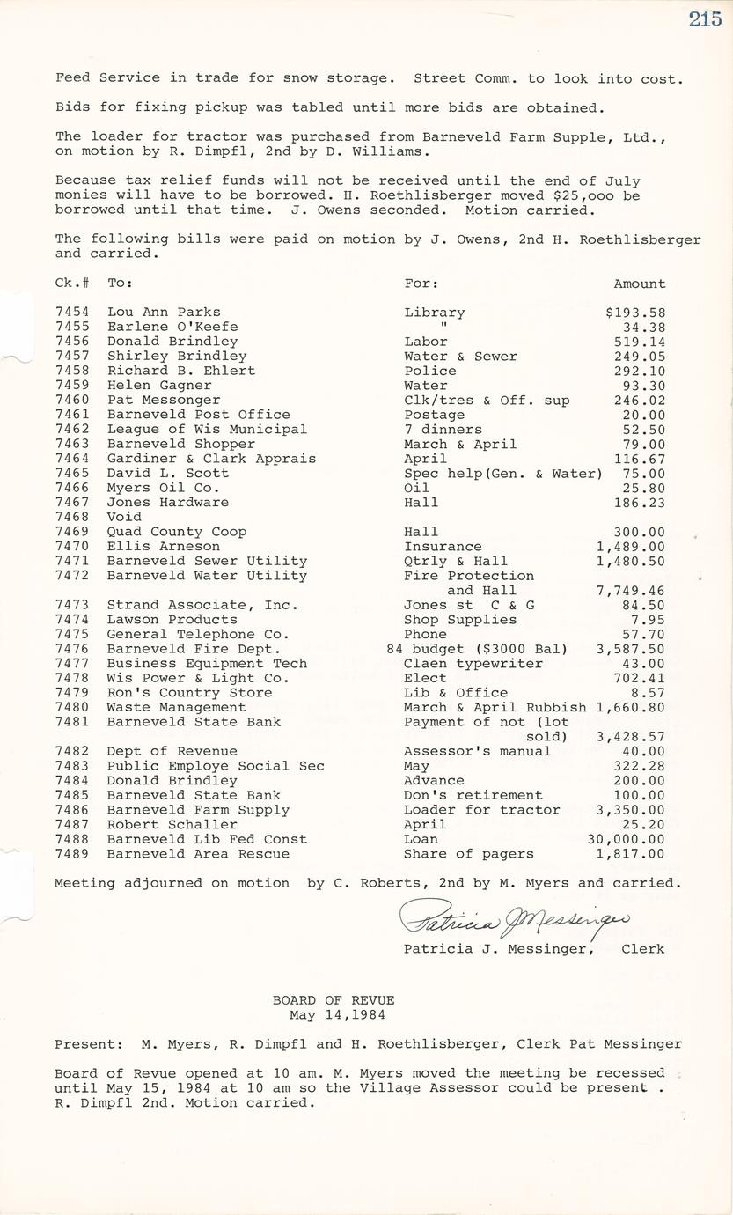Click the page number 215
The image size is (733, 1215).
(x=705, y=18)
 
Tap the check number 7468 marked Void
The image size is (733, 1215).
(x=71, y=517)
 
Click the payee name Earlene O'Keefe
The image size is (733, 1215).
(x=172, y=327)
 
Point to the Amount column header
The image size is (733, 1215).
(x=639, y=283)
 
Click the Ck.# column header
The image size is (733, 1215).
(x=70, y=283)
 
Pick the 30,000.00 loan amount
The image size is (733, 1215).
(x=626, y=839)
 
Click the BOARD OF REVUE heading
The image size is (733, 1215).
(x=334, y=1000)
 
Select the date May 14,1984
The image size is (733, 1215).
(x=334, y=1014)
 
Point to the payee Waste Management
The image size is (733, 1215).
(x=164, y=707)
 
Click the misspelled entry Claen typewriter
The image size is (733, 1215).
(x=473, y=663)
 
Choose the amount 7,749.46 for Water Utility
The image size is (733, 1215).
(x=630, y=590)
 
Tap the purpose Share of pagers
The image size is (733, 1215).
(x=468, y=853)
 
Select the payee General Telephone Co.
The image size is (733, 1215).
(x=198, y=634)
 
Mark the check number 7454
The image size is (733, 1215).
(x=71, y=313)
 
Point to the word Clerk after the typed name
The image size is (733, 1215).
(x=642, y=948)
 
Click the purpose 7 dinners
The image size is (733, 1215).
(x=443, y=430)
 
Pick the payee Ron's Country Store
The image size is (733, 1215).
(x=189, y=692)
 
